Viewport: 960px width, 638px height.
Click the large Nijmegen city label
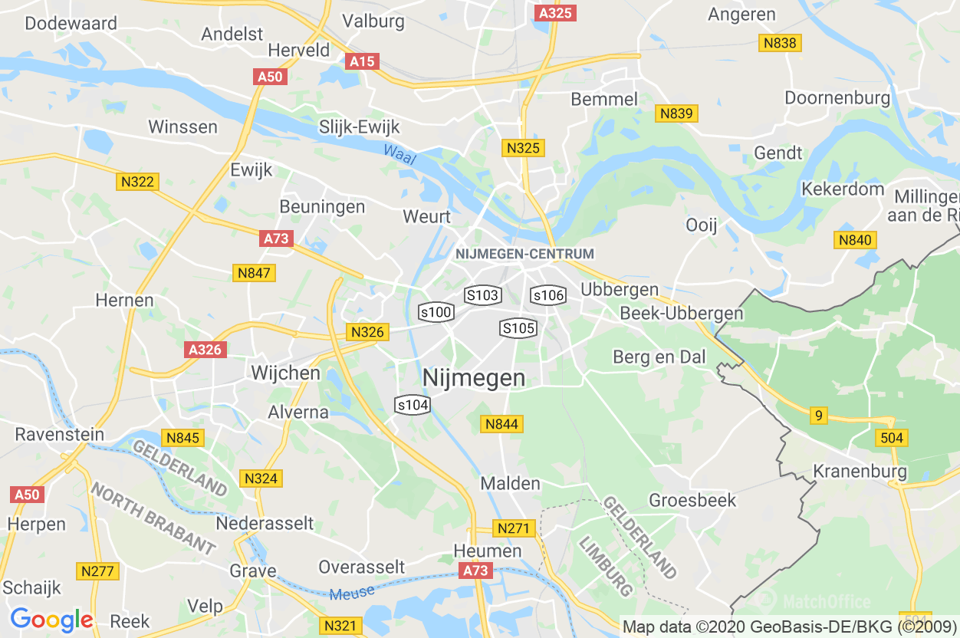pos(474,378)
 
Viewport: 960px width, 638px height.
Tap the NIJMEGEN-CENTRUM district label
pos(524,254)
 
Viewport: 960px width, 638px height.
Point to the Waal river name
pos(399,155)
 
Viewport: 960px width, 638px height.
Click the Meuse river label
pos(353,592)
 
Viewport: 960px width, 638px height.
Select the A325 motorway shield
pos(556,13)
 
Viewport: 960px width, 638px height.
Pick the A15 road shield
pos(362,61)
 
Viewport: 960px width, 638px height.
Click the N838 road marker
pos(780,43)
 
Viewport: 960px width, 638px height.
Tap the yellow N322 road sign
pos(138,182)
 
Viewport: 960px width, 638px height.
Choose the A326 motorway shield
pos(205,350)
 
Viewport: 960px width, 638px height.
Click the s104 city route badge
pos(412,405)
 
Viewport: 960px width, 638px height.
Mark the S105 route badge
pos(518,328)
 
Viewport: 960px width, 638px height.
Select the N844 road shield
pos(501,424)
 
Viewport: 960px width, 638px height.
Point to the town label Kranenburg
pos(860,471)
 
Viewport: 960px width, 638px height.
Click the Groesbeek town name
pos(692,501)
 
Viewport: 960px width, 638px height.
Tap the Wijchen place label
pos(286,373)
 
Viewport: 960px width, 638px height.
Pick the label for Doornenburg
pos(837,98)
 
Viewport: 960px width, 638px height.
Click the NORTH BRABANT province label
pos(153,518)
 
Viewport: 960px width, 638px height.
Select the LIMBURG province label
pos(605,567)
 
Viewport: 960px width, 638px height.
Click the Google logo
pos(51,620)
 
